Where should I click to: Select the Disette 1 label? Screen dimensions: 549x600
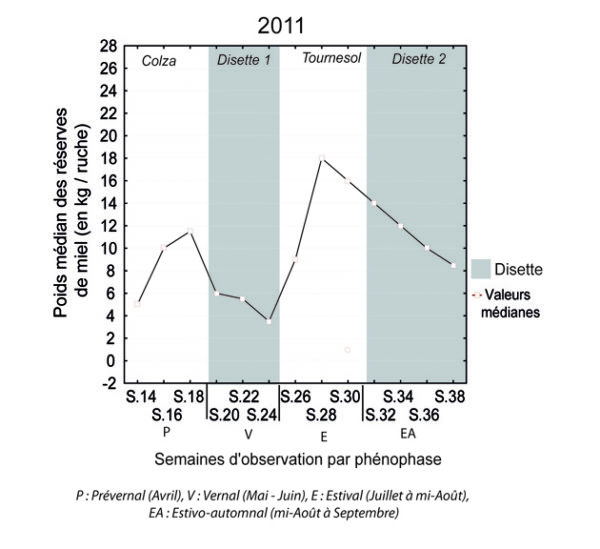(244, 59)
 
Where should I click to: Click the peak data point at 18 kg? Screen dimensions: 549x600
(321, 158)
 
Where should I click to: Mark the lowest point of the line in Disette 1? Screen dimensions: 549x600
(268, 321)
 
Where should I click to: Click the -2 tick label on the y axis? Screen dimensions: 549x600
(109, 383)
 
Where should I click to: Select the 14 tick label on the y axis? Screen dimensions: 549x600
(109, 203)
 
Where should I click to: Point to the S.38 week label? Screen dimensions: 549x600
(451, 398)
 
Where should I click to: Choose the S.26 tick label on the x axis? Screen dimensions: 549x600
(295, 398)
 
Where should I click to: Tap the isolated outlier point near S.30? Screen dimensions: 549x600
(347, 350)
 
